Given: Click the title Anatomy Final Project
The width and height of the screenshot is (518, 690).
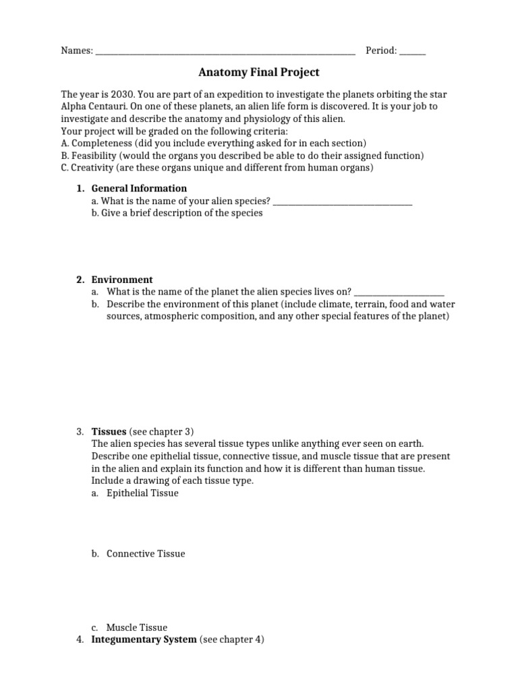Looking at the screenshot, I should point(259,72).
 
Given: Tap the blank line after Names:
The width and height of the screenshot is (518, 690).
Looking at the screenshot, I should point(225,52).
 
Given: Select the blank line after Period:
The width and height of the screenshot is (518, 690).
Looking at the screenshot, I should point(412,52).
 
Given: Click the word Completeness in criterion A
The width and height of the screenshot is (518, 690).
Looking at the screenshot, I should point(101,143).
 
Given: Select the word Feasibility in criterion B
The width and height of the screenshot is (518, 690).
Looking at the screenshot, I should point(94,155).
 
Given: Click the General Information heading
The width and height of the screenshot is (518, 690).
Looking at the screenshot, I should point(139,189).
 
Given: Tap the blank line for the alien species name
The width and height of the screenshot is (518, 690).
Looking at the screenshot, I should point(343,201).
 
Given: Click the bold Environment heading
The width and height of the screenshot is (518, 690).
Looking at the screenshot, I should point(122,280).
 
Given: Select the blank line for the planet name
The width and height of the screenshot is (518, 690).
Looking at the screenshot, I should point(399,292).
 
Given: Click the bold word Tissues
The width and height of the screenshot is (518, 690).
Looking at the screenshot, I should point(109,431).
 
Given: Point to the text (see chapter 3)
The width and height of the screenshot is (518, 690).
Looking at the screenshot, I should point(161,431).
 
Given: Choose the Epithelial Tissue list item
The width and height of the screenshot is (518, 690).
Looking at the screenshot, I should point(142,493).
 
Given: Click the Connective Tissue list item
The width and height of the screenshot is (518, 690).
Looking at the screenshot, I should point(146,554).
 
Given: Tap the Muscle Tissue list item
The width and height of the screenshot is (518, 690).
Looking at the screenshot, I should point(137,627).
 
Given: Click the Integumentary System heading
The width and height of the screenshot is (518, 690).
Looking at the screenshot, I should point(144,639).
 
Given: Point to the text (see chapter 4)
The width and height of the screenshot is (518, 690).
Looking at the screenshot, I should point(231,639).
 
